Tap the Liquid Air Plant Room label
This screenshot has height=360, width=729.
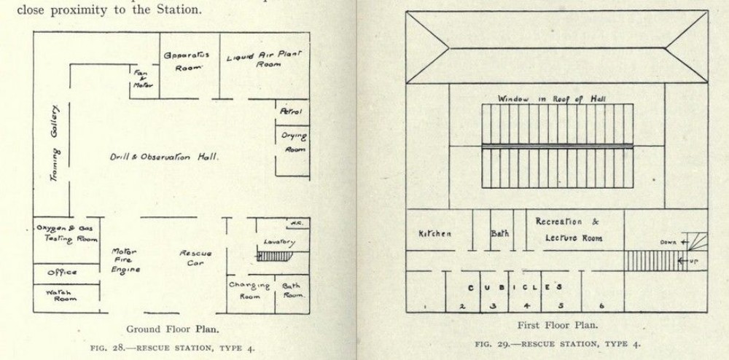click(x=264, y=58)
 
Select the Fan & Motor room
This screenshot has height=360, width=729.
click(x=142, y=79)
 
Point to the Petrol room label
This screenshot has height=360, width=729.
click(x=292, y=111)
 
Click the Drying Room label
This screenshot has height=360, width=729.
click(x=294, y=142)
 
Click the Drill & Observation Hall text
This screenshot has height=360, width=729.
click(x=164, y=157)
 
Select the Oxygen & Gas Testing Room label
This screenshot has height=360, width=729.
click(x=66, y=233)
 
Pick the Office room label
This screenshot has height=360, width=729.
click(x=63, y=273)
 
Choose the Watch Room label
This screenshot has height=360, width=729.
click(x=63, y=294)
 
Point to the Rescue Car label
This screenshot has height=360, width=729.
click(x=195, y=258)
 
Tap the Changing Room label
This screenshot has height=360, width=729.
click(x=249, y=291)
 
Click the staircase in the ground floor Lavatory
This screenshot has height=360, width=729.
click(x=275, y=256)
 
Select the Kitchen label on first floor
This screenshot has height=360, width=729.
click(x=434, y=234)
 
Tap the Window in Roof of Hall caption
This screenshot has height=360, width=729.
click(x=551, y=98)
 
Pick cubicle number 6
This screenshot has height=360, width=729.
click(x=601, y=305)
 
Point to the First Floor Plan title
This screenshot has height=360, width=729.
click(x=558, y=326)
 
